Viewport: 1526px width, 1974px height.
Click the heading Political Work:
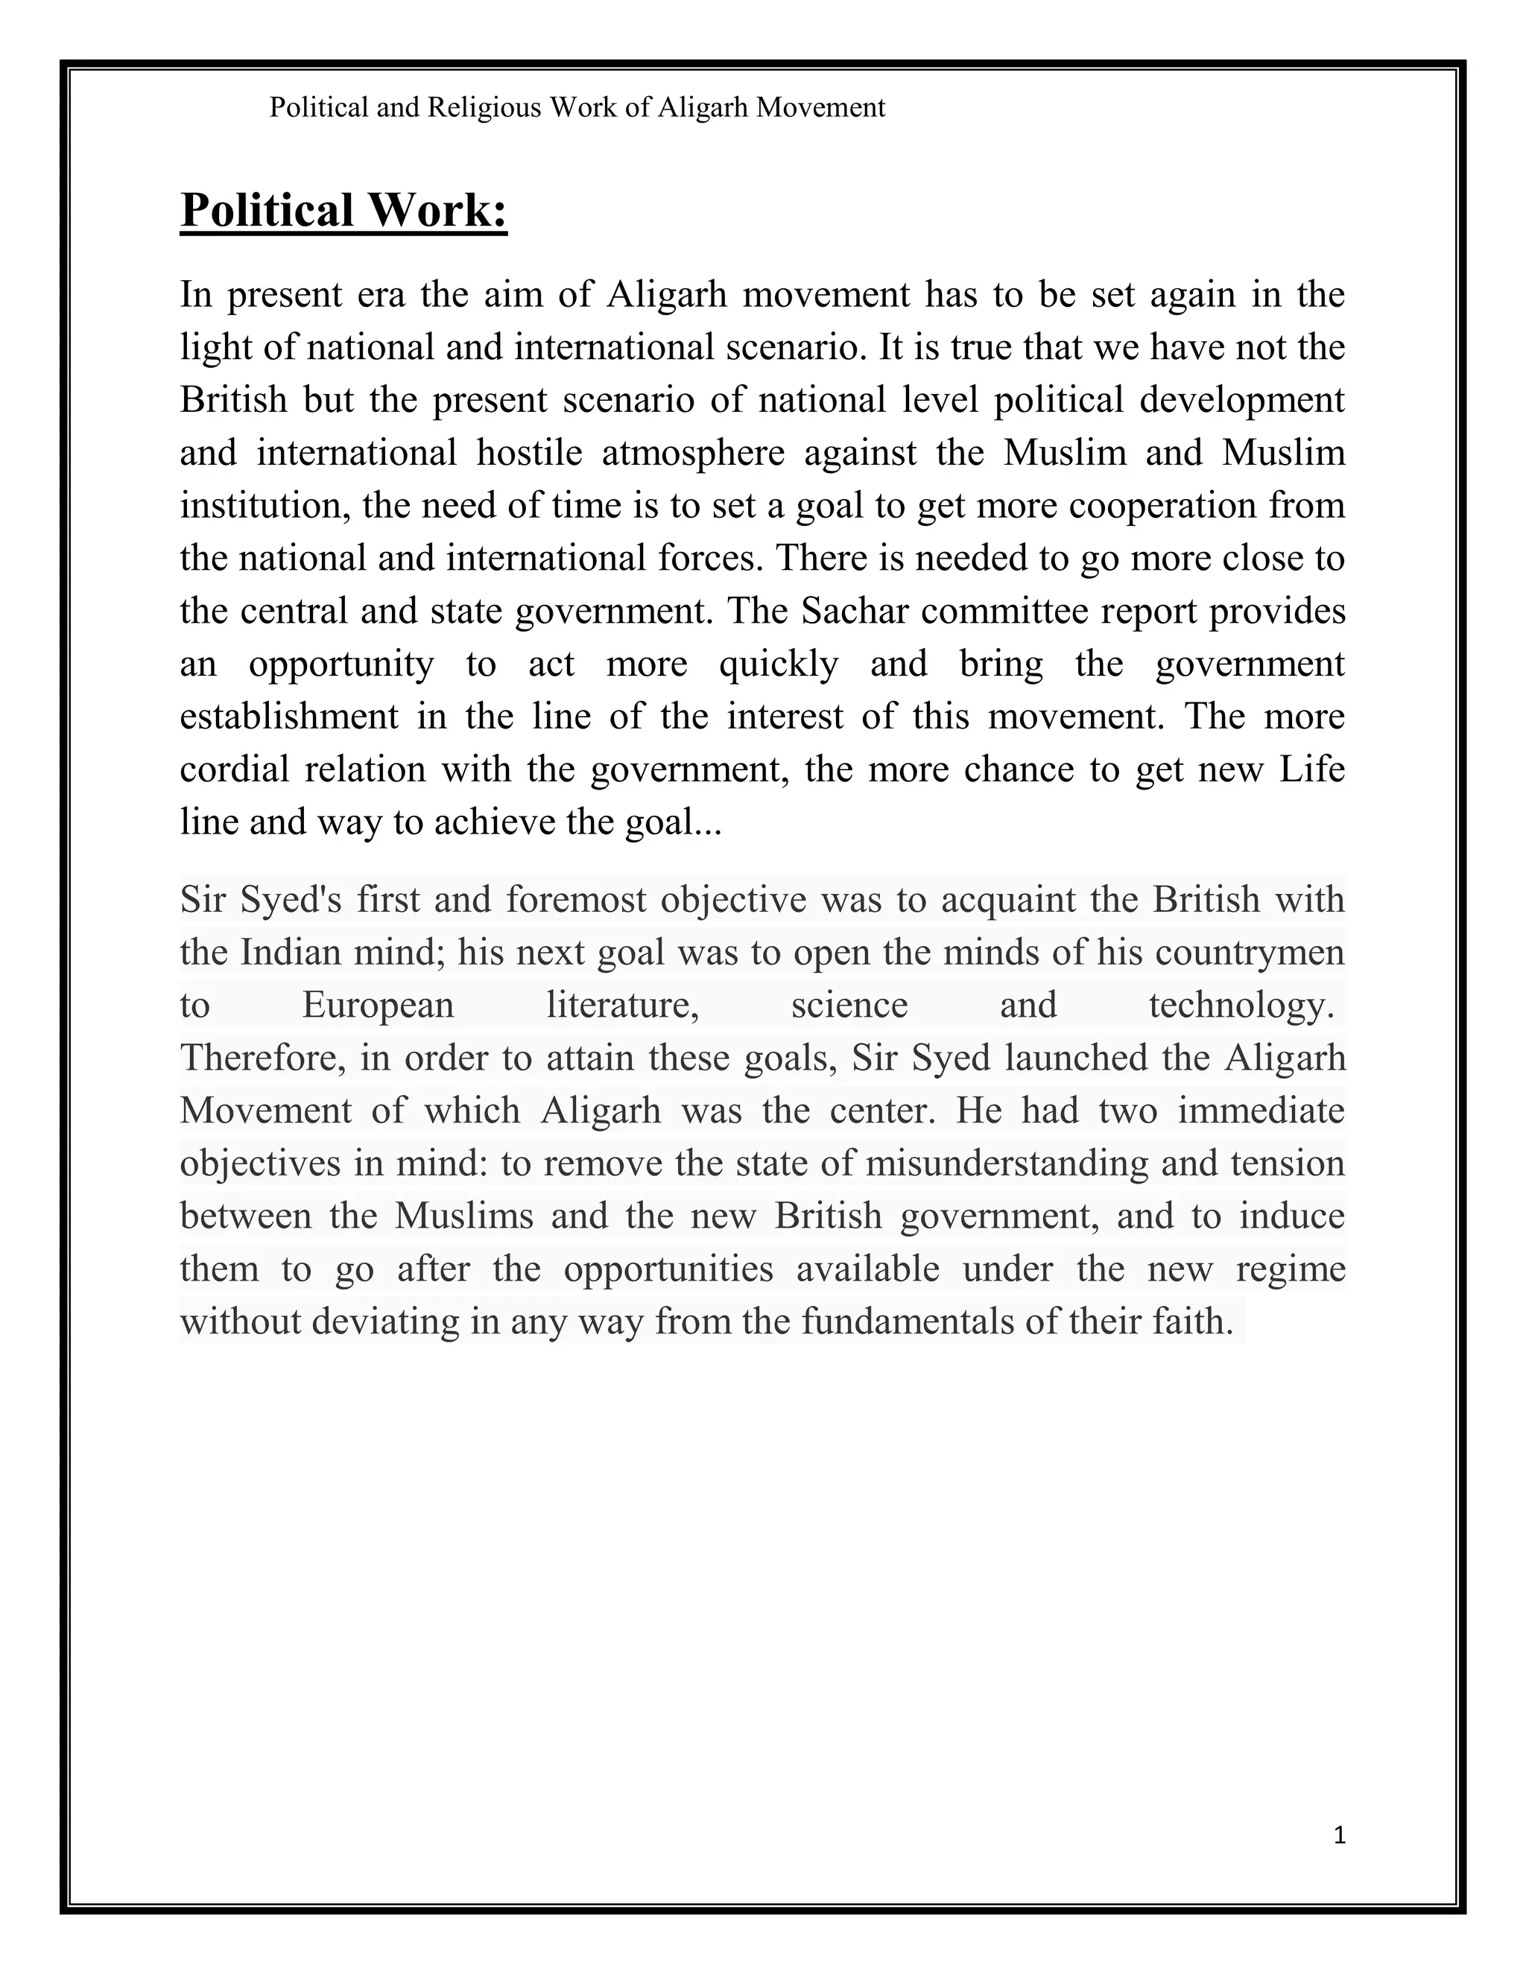click(x=343, y=210)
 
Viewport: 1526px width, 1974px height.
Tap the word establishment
click(x=289, y=717)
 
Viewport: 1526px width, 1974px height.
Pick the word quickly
click(x=779, y=664)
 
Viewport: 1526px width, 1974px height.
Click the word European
click(x=378, y=1005)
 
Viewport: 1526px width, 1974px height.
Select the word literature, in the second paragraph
click(x=623, y=1005)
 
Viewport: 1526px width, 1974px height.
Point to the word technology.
click(x=1241, y=1005)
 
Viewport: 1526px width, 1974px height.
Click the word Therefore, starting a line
click(x=263, y=1058)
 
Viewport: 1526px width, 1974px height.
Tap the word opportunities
click(x=668, y=1269)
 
